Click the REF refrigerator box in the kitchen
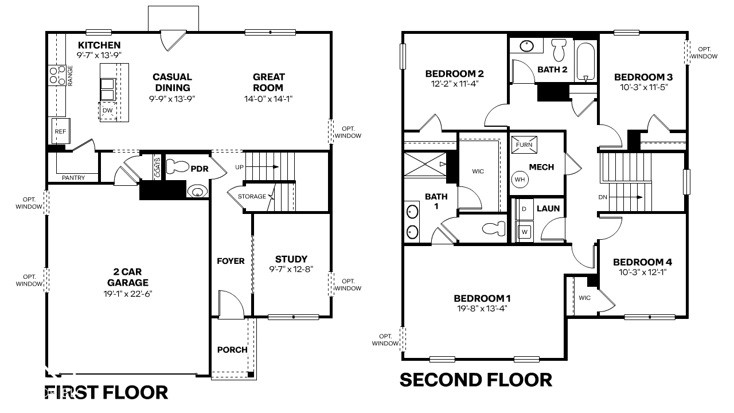[x=60, y=131]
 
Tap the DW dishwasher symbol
[x=108, y=111]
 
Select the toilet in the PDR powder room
[x=178, y=167]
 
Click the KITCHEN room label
[x=99, y=45]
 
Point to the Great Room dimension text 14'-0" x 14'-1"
[x=268, y=99]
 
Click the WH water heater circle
[x=520, y=179]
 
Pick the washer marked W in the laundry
[x=524, y=232]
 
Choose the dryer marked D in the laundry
[x=524, y=209]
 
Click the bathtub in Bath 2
[x=585, y=60]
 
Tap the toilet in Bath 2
[x=559, y=50]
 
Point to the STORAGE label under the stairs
[x=252, y=197]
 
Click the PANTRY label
[x=73, y=178]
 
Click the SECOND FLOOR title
[x=475, y=380]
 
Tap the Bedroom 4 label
[x=642, y=262]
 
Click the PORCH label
[x=232, y=350]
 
